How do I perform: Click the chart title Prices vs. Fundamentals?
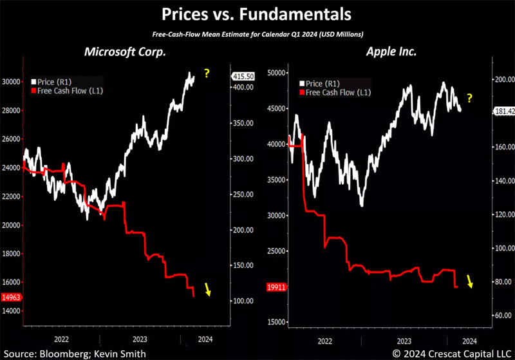pyautogui.click(x=257, y=14)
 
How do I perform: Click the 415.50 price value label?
pyautogui.click(x=240, y=75)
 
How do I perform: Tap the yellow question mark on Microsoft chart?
pyautogui.click(x=207, y=73)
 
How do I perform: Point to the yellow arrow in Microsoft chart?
pyautogui.click(x=207, y=289)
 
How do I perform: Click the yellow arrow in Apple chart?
pyautogui.click(x=471, y=281)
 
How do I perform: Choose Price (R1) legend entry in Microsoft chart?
pyautogui.click(x=53, y=81)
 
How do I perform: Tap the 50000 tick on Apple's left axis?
pyautogui.click(x=276, y=73)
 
